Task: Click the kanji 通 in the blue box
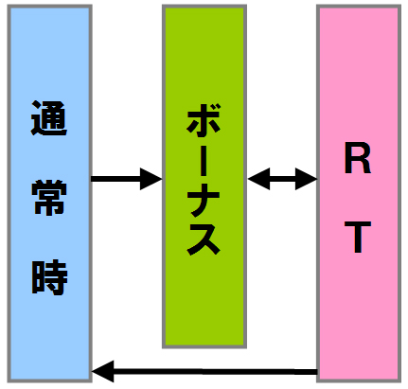tap(49, 118)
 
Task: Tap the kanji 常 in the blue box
tap(49, 198)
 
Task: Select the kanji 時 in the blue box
tap(49, 277)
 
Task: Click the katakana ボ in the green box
tap(204, 119)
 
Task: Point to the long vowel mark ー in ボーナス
tap(204, 158)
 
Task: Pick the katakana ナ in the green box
tap(204, 198)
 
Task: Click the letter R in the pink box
tap(357, 158)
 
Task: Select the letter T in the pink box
tap(357, 237)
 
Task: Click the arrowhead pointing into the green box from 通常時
tap(151, 179)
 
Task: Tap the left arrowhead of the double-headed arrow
tap(258, 179)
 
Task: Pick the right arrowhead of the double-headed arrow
tap(306, 179)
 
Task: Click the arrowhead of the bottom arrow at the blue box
tap(102, 371)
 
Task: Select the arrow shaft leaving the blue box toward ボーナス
tap(115, 179)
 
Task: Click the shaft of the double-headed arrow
tap(282, 179)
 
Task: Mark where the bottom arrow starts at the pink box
tap(317, 372)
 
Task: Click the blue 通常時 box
tap(49, 193)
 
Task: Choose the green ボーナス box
tap(204, 176)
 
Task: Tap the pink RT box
tap(359, 193)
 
